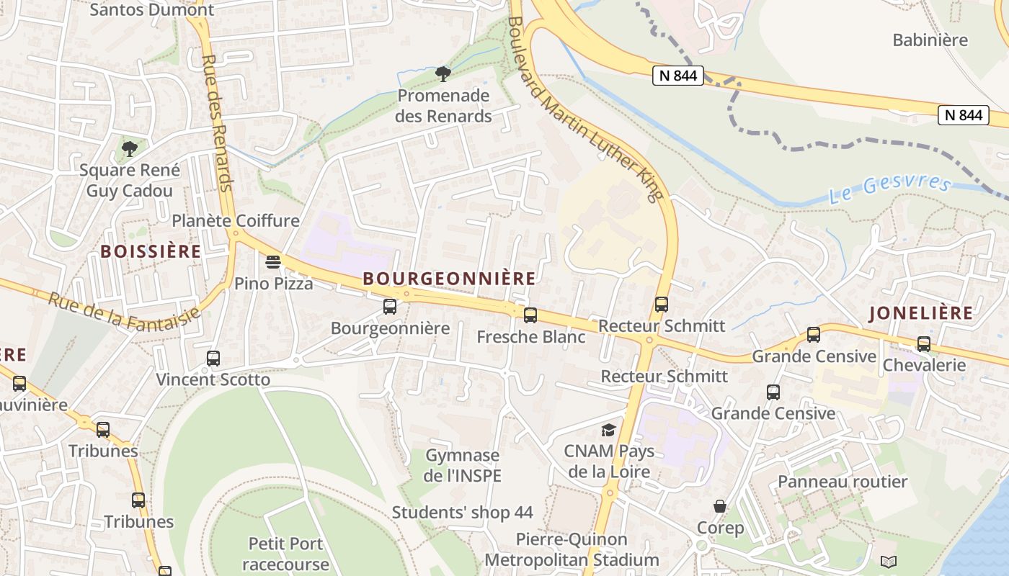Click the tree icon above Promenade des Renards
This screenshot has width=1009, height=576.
click(x=443, y=73)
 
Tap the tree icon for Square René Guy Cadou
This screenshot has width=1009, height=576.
click(x=130, y=149)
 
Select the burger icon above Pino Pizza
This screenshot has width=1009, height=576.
click(x=273, y=261)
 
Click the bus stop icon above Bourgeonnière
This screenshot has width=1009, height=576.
click(x=390, y=307)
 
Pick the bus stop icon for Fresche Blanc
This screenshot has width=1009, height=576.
click(x=530, y=315)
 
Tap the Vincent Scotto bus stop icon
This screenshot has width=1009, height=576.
click(x=213, y=358)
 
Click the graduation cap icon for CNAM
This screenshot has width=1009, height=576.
click(x=609, y=430)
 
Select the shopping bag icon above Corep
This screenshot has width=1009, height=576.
click(x=719, y=506)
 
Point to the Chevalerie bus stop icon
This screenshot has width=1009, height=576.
click(x=924, y=344)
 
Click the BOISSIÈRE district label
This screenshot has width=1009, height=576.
click(x=151, y=251)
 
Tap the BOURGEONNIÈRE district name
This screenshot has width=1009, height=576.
click(x=449, y=279)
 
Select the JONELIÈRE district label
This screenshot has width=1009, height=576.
click(x=920, y=313)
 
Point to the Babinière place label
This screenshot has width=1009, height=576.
click(x=930, y=40)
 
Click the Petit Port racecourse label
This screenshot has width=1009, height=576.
click(x=285, y=553)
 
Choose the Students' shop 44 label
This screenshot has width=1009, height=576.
click(x=462, y=513)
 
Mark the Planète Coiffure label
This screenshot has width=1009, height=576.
click(x=235, y=220)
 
